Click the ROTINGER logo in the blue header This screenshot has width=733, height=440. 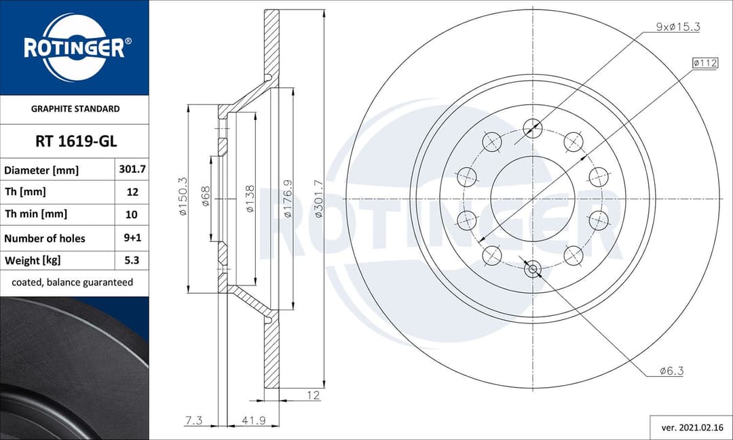(74, 47)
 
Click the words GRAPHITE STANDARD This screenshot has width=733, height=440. (75, 108)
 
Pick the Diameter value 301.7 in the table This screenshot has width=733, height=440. (132, 169)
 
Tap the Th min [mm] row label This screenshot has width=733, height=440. (36, 214)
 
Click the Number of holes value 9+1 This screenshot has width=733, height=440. (132, 238)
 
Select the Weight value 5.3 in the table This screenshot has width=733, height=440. (132, 260)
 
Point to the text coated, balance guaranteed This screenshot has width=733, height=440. (73, 282)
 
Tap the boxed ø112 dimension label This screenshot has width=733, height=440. (705, 63)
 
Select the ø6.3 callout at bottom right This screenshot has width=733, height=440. (671, 371)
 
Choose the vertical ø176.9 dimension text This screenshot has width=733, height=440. (287, 199)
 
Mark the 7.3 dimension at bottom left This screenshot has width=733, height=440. (193, 421)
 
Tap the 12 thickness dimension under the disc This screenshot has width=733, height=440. (312, 395)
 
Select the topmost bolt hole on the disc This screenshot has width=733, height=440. (533, 125)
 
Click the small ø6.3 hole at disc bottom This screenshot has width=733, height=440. (533, 270)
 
